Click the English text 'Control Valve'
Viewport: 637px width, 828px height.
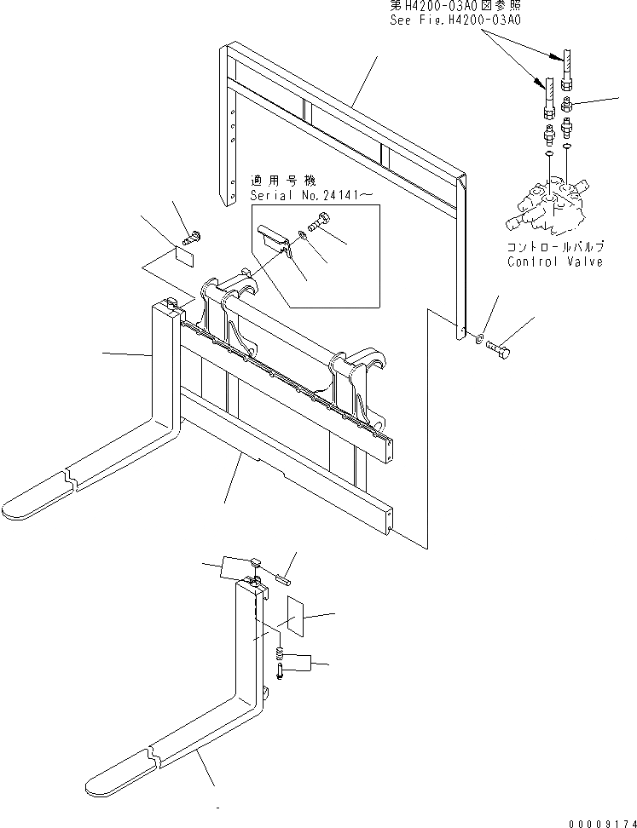tap(555, 262)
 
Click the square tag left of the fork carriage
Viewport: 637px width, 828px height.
tap(185, 254)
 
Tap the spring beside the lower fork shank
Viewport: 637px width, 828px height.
tap(279, 654)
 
